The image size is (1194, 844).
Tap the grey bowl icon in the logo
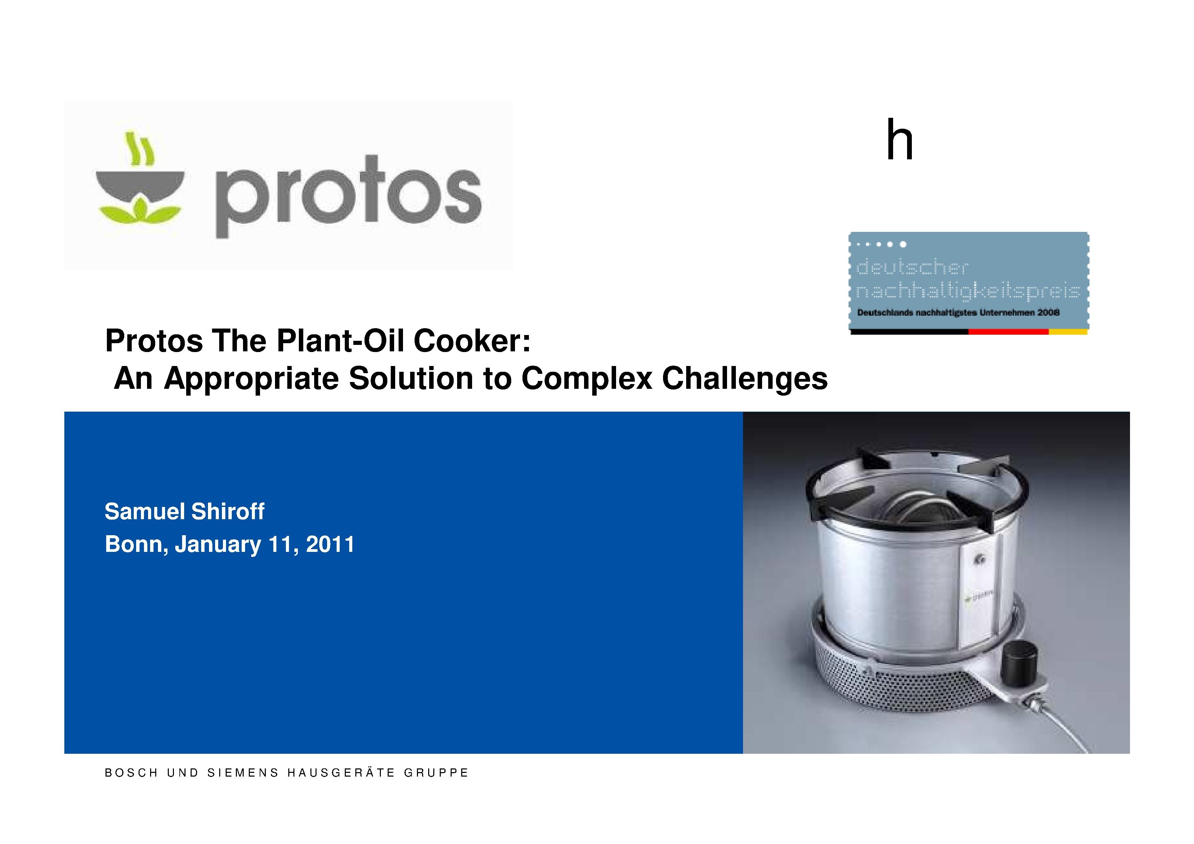141,184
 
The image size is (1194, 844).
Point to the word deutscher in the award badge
912,267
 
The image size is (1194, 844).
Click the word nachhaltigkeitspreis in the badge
968,291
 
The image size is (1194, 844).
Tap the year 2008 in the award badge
1048,313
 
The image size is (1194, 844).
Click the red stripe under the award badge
1008,331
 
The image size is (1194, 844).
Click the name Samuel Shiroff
184,512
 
